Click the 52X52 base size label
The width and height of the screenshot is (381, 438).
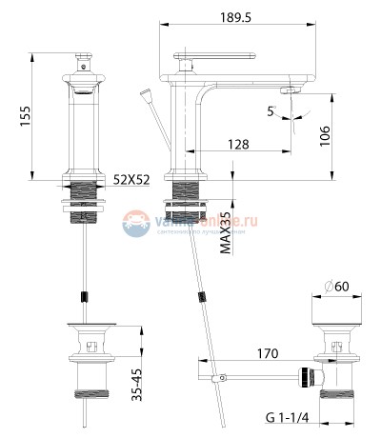pos(130,179)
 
